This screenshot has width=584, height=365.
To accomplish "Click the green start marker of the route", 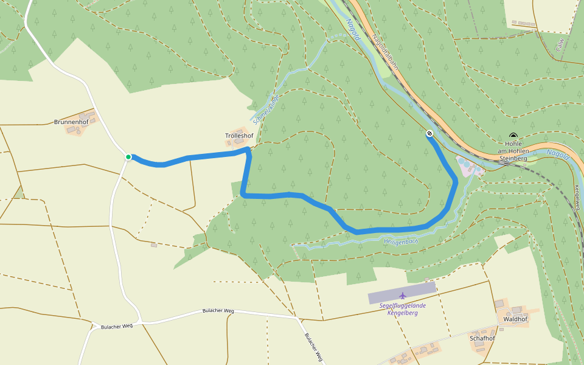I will (128, 157).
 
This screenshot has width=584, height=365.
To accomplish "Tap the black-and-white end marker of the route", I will (429, 133).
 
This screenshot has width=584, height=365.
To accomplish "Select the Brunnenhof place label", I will (72, 122).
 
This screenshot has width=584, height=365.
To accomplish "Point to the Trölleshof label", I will (239, 135).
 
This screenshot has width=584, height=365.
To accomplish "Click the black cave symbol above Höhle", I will (513, 136).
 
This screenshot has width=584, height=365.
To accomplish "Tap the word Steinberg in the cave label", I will (513, 158).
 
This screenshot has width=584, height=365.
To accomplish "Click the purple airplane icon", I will (402, 296).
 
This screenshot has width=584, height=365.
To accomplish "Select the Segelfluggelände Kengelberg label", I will (402, 308).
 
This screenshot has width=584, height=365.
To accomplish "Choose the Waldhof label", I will (515, 319).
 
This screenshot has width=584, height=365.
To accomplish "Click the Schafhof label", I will (482, 338).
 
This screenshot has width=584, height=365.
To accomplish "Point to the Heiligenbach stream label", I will (400, 242).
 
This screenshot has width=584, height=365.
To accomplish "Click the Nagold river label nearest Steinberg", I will (557, 155).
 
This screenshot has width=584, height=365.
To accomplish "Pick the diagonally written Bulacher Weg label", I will (313, 347).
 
